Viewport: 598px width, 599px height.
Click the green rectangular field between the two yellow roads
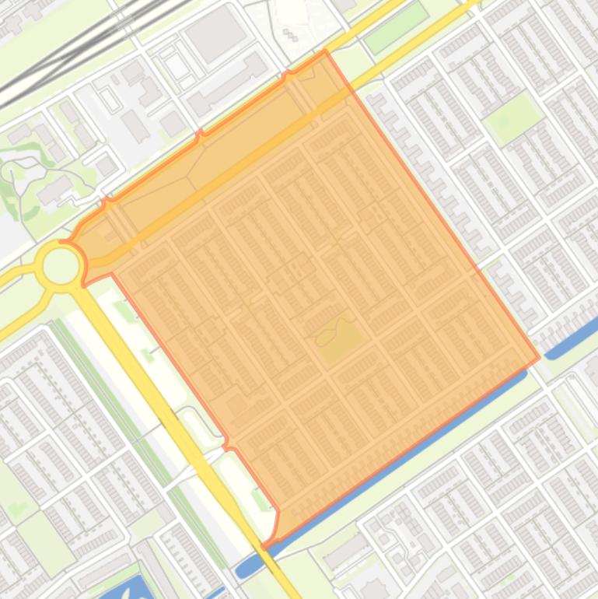(x=396, y=28)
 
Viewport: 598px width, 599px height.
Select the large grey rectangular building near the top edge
(x=215, y=33)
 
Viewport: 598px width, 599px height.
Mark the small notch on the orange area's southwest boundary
(x=227, y=445)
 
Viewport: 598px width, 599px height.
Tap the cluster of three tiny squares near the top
(x=290, y=35)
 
